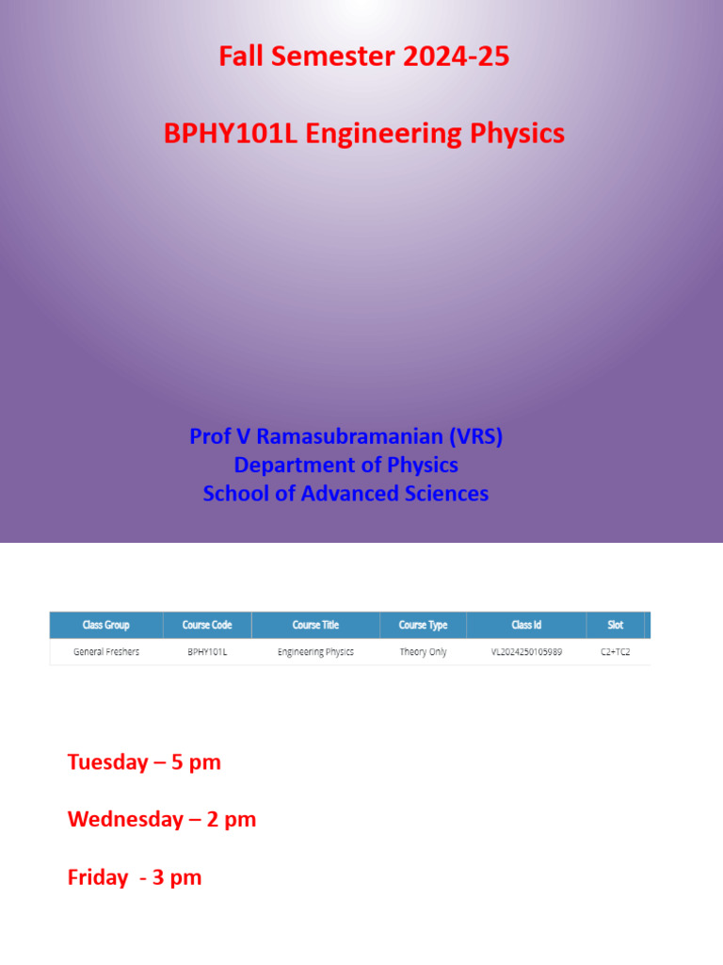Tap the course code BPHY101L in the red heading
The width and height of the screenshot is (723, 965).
click(231, 134)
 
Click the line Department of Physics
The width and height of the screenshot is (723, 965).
click(345, 465)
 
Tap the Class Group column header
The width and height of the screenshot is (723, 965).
click(105, 625)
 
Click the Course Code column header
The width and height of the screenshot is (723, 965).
click(206, 625)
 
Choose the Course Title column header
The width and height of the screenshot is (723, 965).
click(315, 625)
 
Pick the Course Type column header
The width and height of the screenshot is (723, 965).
click(423, 625)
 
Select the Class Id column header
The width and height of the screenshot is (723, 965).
click(526, 625)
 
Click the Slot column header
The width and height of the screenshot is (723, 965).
click(615, 625)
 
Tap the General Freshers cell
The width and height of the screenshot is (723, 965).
click(105, 652)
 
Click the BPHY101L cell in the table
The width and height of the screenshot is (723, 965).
click(206, 652)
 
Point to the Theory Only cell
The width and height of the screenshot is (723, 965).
click(423, 652)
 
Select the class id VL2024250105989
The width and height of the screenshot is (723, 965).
click(526, 652)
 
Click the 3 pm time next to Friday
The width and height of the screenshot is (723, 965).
click(174, 877)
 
